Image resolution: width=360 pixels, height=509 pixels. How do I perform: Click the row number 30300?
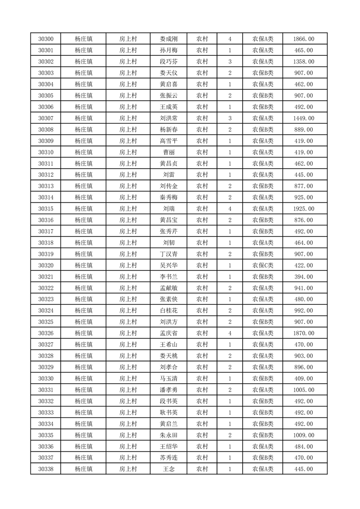tap(46, 39)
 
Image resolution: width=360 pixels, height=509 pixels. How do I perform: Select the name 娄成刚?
tap(169, 39)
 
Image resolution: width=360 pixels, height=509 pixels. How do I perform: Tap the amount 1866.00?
tap(304, 39)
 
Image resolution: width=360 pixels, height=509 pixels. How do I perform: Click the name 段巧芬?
tap(169, 62)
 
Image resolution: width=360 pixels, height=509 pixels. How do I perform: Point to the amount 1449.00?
tap(304, 118)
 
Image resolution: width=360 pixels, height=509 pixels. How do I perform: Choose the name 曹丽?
tap(169, 152)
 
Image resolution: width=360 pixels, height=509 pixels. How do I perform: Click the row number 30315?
tap(46, 209)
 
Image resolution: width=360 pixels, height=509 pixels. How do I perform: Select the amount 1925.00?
tap(304, 209)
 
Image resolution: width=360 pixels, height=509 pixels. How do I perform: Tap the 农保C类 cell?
tap(262, 265)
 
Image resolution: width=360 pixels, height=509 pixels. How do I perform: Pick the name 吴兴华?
tap(169, 265)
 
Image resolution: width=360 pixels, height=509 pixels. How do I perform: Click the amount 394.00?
tap(304, 277)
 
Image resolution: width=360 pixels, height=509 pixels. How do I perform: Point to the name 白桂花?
tap(169, 311)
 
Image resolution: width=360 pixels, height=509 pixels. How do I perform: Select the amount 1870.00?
tap(304, 333)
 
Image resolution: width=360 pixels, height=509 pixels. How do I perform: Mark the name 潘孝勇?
tap(169, 390)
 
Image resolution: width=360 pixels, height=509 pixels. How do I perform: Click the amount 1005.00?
tap(304, 390)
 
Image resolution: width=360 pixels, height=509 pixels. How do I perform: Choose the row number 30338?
tap(46, 469)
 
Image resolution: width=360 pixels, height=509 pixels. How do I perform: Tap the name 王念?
tap(169, 469)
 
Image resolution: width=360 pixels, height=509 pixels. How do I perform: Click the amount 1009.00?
tap(304, 435)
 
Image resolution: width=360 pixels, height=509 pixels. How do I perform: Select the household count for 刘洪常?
tap(230, 118)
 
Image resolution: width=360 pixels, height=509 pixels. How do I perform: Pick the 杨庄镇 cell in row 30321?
tap(84, 277)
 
